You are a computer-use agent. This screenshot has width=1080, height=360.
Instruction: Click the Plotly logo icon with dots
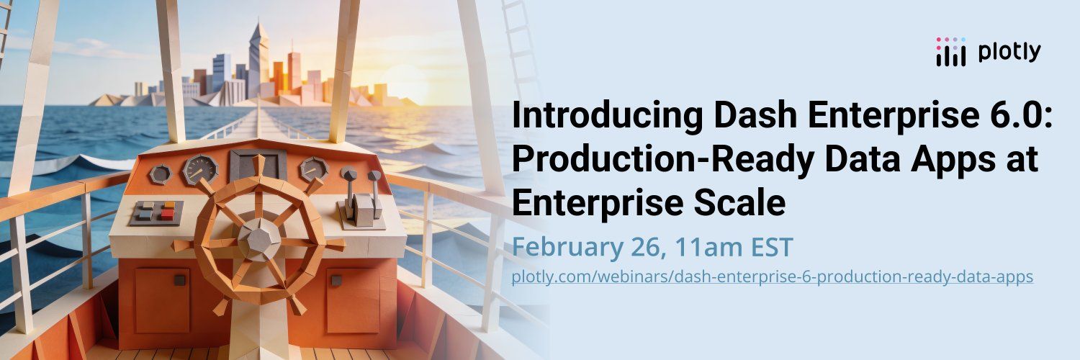click(951, 52)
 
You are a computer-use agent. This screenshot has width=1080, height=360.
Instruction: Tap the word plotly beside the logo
click(1009, 52)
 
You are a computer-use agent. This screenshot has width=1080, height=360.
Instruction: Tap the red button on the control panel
click(168, 214)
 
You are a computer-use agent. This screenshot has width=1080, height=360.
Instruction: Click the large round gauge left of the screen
click(199, 169)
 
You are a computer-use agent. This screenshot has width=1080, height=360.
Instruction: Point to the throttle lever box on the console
click(363, 210)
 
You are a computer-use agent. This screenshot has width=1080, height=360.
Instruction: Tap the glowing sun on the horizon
click(405, 82)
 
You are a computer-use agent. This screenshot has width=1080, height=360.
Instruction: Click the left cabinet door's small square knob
click(180, 280)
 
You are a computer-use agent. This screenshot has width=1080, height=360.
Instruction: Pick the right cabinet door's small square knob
click(336, 280)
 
